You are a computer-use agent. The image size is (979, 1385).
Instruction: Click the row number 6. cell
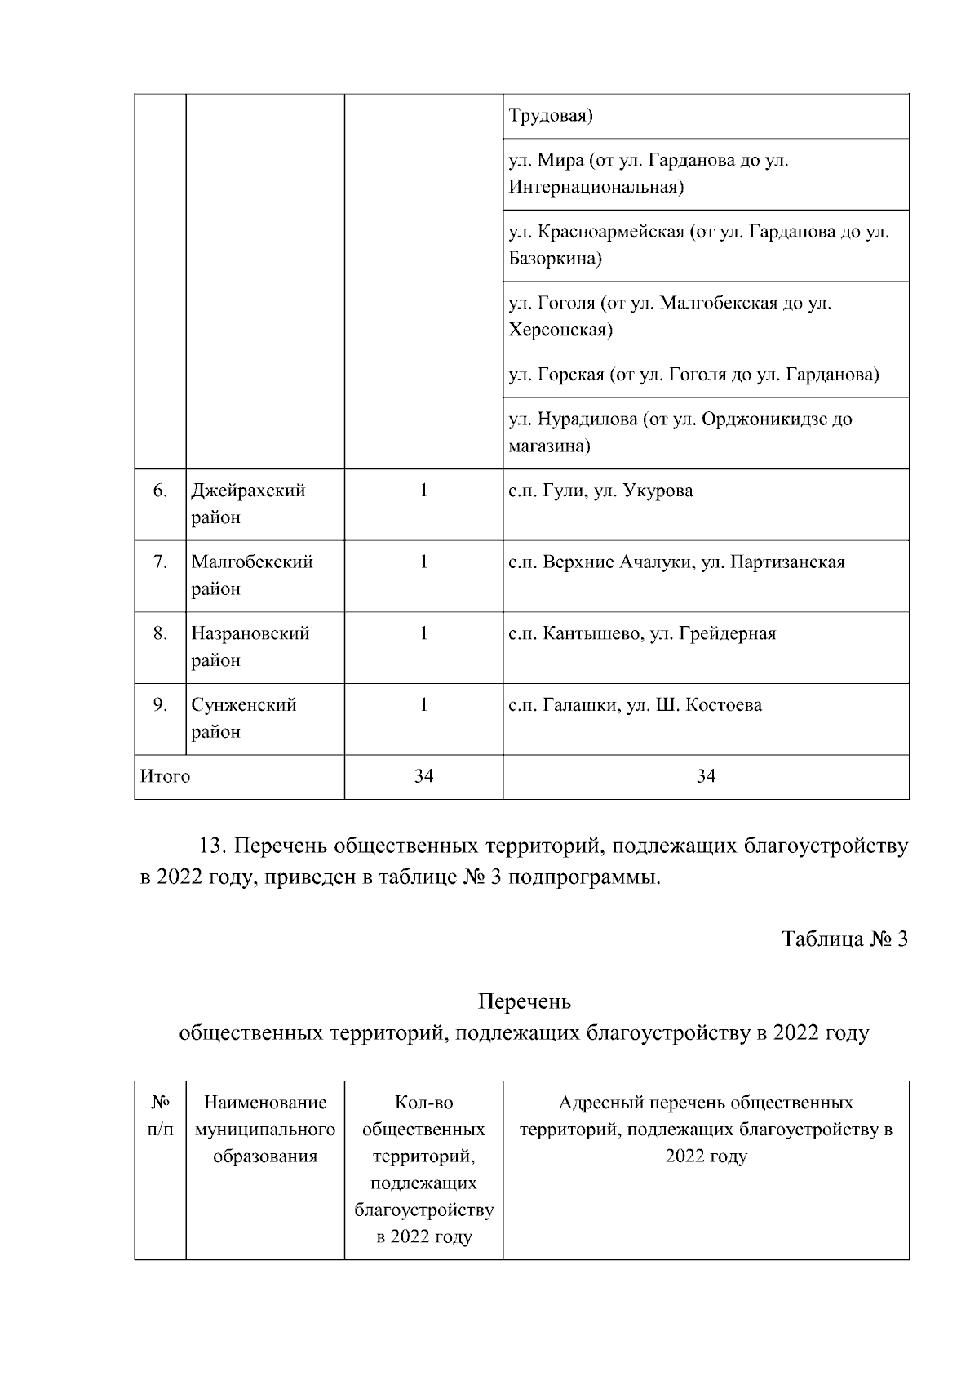160,491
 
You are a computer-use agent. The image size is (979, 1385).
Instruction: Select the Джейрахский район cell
248,504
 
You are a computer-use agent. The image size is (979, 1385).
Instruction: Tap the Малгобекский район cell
252,575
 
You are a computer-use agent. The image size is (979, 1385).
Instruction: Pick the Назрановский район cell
250,646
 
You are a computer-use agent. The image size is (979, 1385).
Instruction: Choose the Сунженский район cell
243,717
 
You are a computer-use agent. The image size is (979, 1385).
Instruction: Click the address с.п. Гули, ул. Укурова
600,491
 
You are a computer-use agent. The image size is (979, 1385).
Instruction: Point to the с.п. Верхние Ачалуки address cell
676,562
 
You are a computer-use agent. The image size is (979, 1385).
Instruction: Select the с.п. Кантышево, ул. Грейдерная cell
642,633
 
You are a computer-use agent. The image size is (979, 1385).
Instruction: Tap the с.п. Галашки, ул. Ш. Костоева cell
635,705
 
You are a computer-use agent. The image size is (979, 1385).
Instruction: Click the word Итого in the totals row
166,776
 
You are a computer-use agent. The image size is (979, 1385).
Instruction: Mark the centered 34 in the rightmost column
706,776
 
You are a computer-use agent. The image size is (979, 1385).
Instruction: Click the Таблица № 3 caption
844,939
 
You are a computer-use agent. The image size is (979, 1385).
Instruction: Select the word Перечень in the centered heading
524,1001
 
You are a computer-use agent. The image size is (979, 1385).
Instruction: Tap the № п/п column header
160,1116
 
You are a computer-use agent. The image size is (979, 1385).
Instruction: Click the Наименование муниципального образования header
265,1130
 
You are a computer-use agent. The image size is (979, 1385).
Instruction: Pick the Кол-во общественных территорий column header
423,1169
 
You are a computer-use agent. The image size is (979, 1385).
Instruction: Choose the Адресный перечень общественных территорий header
706,1130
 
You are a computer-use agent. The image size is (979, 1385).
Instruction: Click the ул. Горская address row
693,375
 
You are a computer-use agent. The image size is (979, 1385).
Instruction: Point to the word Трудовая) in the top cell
551,116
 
